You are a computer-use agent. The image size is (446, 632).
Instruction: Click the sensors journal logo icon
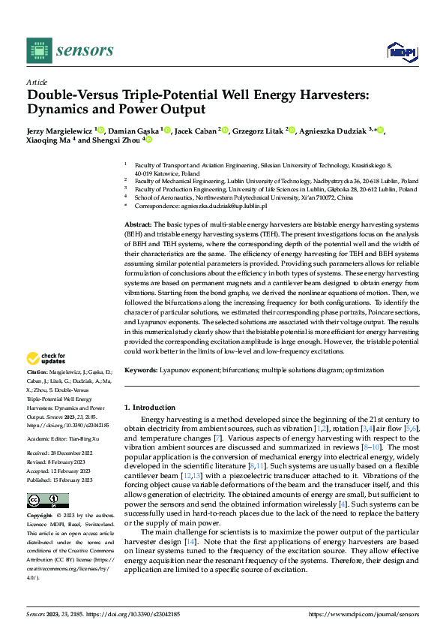click(x=37, y=50)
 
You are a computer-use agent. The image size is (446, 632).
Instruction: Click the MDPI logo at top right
click(x=401, y=50)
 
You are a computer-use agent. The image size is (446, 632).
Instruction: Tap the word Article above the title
click(x=37, y=82)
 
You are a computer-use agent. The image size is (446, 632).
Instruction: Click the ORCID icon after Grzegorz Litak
click(x=292, y=131)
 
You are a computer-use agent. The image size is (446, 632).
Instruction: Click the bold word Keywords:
click(x=140, y=370)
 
